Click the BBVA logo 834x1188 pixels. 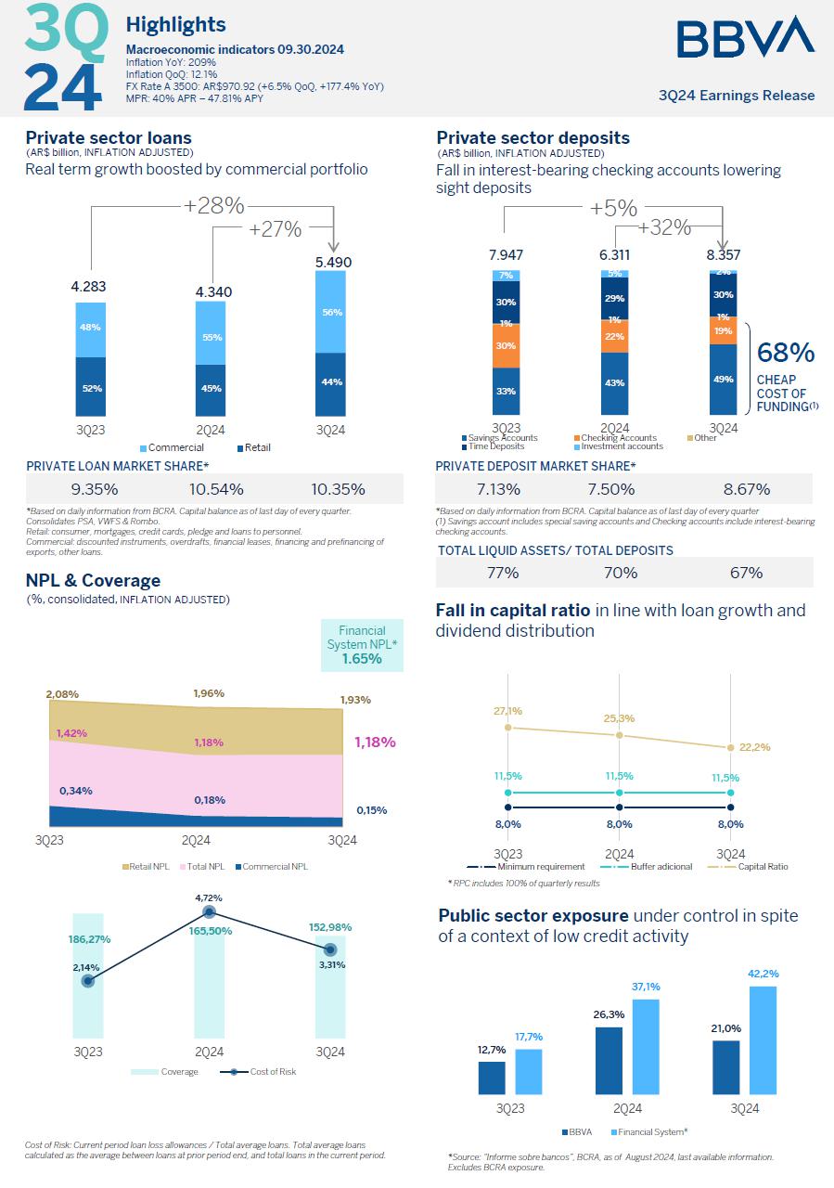pos(745,37)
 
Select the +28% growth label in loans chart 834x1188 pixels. pos(213,205)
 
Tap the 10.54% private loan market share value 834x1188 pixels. pos(209,489)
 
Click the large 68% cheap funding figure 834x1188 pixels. pos(786,353)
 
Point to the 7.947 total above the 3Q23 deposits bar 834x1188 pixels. pos(506,254)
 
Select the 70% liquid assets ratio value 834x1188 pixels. pos(621,573)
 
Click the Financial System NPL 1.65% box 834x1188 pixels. pos(361,646)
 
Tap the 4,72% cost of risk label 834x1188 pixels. pos(209,897)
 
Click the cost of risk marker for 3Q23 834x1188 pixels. pos(88,980)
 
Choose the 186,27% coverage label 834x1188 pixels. pos(89,938)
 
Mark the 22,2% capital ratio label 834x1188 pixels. pos(754,747)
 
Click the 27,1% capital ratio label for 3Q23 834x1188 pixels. pos(507,711)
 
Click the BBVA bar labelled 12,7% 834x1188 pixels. pos(492,1077)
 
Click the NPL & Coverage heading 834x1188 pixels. pos(93,580)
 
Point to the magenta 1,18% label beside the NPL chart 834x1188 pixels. pos(375,742)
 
